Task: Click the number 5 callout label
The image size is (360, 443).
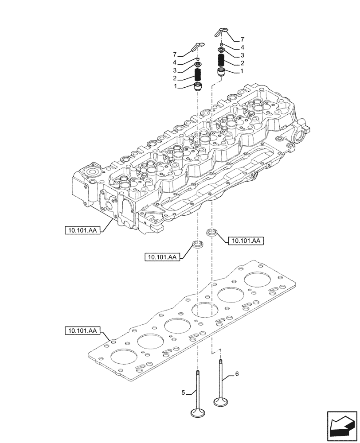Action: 183,392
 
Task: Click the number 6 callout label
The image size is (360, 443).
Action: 237,374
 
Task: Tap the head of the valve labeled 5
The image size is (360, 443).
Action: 198,413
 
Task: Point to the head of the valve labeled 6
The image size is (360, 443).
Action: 221,401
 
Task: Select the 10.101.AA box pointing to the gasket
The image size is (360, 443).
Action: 83,330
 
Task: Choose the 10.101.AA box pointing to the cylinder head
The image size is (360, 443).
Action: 83,230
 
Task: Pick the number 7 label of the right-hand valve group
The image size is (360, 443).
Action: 242,39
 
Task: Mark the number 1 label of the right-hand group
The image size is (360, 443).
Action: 242,71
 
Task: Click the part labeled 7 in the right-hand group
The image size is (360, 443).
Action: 222,32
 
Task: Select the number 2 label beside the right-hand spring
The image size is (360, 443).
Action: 242,63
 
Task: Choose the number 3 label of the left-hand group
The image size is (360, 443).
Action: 175,70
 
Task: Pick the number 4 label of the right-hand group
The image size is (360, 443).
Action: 242,47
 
